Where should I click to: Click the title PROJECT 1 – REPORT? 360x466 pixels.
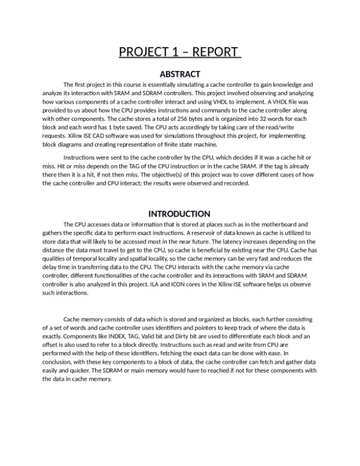tap(180, 52)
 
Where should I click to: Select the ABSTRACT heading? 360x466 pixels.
tap(180, 74)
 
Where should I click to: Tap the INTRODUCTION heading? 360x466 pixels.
tap(180, 214)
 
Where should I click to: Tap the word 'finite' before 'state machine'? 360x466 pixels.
tap(175, 144)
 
